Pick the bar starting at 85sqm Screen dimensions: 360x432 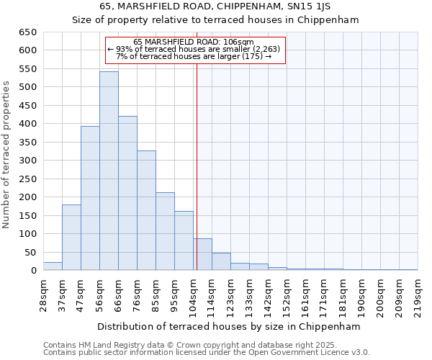[165, 231]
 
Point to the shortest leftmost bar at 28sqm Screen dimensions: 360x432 [53, 266]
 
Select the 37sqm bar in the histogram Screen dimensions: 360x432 [71, 238]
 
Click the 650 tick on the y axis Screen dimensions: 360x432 [27, 32]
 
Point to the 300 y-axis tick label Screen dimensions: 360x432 [27, 161]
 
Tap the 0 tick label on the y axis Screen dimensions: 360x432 [33, 271]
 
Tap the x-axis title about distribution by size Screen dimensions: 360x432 [228, 326]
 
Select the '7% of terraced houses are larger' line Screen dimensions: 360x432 [193, 56]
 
